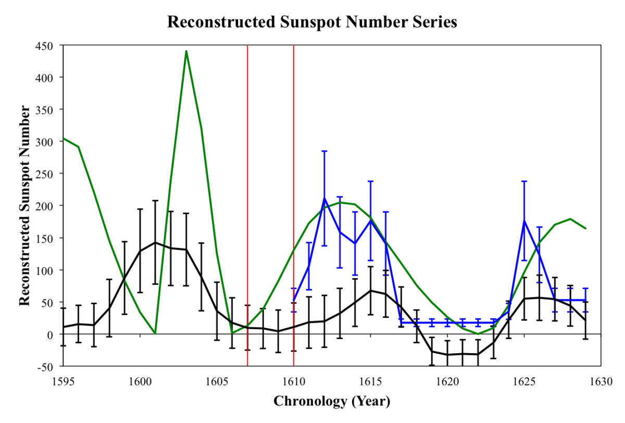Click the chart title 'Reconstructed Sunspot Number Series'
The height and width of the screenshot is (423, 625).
(x=312, y=21)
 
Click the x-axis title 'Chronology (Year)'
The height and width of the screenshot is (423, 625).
(x=331, y=401)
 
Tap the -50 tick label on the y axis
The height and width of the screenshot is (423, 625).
(x=44, y=367)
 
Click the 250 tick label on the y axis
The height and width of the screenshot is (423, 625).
(x=44, y=173)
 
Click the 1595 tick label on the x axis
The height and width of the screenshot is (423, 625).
(x=63, y=381)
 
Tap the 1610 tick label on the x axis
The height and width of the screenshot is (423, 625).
(x=293, y=381)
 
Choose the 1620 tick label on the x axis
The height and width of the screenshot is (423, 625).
(x=447, y=381)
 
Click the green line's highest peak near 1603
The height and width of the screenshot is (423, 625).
(x=186, y=51)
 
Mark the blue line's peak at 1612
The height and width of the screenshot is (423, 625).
(x=324, y=198)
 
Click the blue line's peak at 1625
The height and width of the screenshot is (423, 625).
(x=524, y=220)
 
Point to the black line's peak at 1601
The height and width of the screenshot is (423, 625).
(x=155, y=242)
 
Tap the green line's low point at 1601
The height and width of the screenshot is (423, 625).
(x=155, y=333)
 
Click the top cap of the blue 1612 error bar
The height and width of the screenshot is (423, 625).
(x=324, y=151)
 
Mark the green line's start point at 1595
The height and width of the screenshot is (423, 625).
(x=63, y=138)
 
